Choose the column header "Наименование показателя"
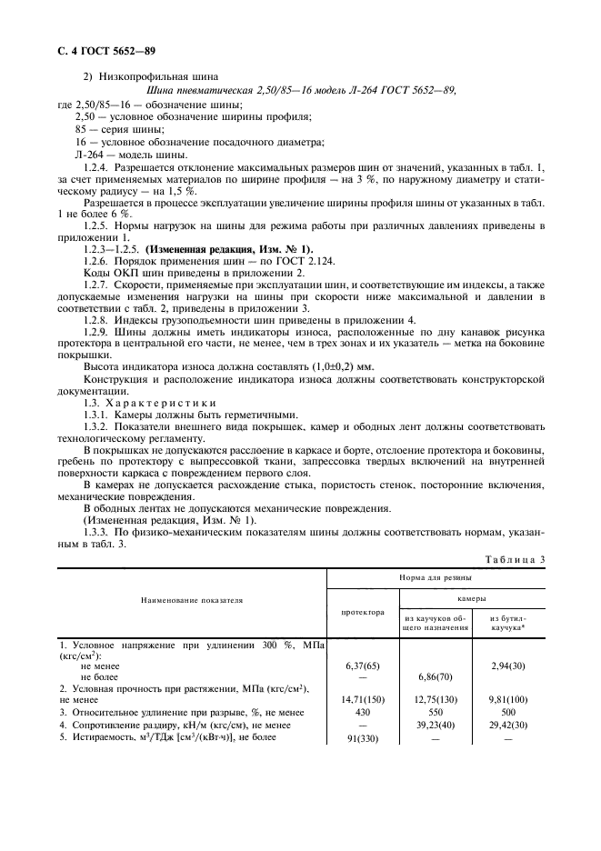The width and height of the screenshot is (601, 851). coord(192,602)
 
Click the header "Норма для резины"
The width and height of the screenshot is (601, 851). coord(436,578)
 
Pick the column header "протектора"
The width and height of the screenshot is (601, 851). coord(363,612)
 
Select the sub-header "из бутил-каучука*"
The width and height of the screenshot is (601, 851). coord(508,623)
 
